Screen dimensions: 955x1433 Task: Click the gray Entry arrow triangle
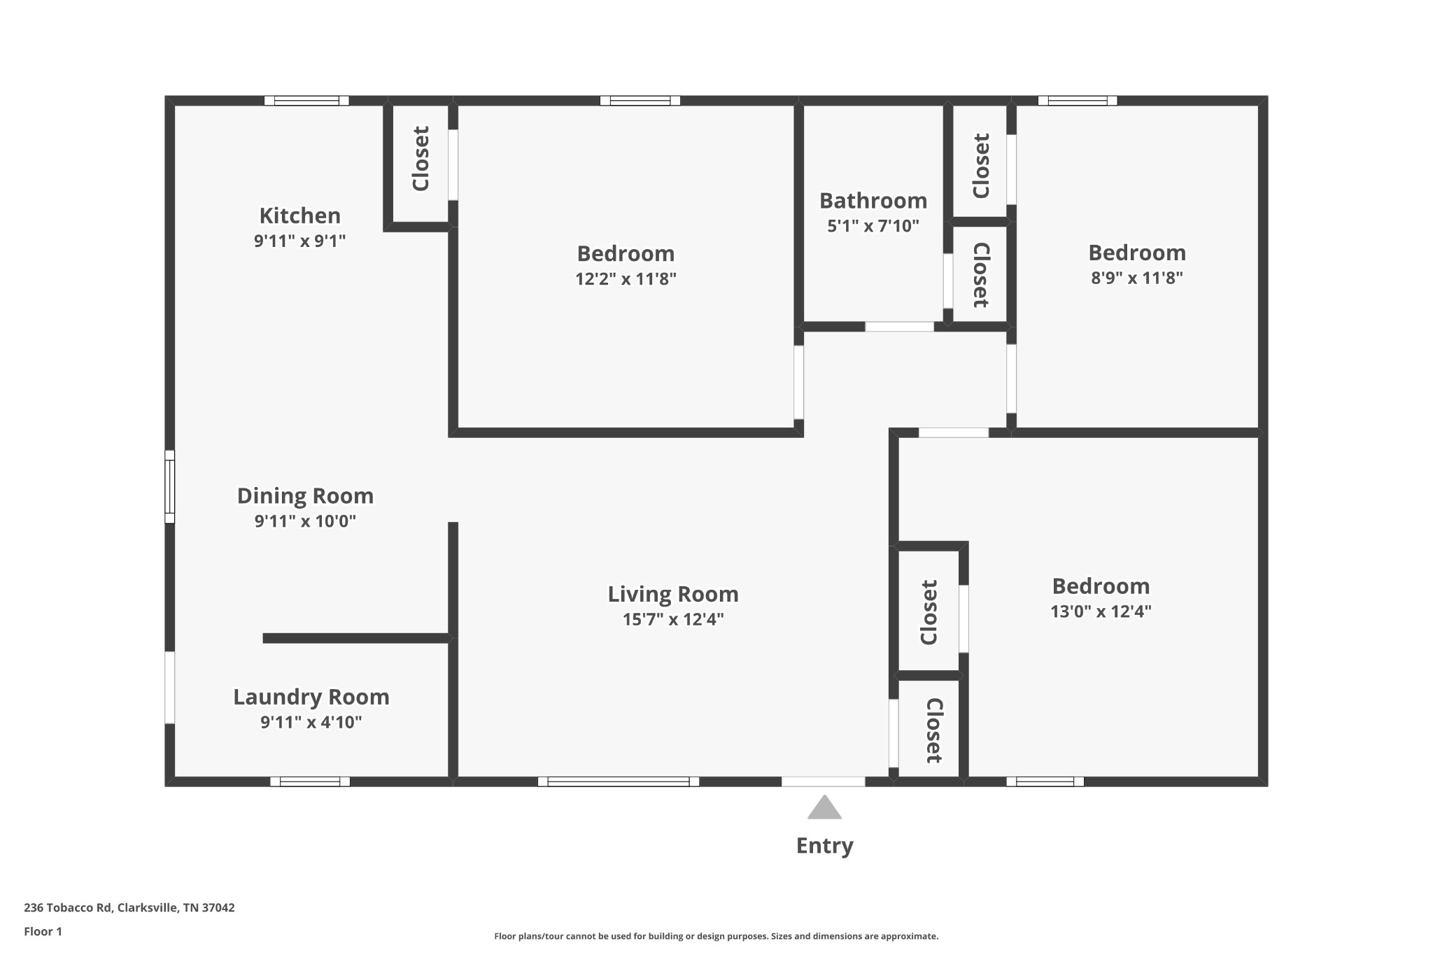pyautogui.click(x=824, y=808)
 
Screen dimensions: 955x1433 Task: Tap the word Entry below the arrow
pyautogui.click(x=824, y=846)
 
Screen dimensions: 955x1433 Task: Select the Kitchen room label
pyautogui.click(x=299, y=215)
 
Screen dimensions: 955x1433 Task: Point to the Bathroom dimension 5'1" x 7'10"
pyautogui.click(x=873, y=226)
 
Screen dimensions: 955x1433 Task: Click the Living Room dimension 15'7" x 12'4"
pyautogui.click(x=672, y=619)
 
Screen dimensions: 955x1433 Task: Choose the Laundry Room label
pyautogui.click(x=311, y=697)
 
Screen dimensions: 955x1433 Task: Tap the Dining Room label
pyautogui.click(x=305, y=496)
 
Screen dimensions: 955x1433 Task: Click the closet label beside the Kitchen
pyautogui.click(x=421, y=159)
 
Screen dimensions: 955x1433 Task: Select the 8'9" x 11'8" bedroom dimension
pyautogui.click(x=1136, y=278)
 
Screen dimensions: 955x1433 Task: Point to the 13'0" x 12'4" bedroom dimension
pyautogui.click(x=1100, y=611)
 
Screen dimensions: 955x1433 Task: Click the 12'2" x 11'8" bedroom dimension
pyautogui.click(x=626, y=279)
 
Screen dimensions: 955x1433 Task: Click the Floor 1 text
pyautogui.click(x=43, y=931)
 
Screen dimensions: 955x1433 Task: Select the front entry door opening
pyautogui.click(x=823, y=781)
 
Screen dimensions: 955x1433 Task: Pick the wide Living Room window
pyautogui.click(x=618, y=781)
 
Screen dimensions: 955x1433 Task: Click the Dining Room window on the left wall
pyautogui.click(x=169, y=486)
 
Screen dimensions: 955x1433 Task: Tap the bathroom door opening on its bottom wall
pyautogui.click(x=899, y=327)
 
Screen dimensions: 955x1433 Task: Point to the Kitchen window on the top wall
pyautogui.click(x=306, y=101)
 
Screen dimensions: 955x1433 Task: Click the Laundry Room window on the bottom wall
pyautogui.click(x=310, y=781)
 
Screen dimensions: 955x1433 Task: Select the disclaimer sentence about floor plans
pyautogui.click(x=716, y=936)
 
